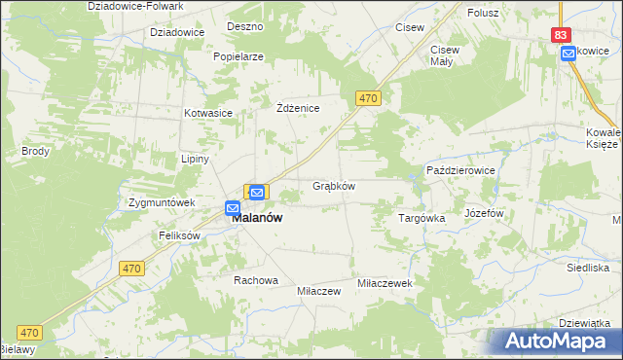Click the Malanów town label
(x=257, y=219)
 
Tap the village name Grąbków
(x=333, y=186)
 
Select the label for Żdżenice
(x=298, y=108)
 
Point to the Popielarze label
(x=239, y=56)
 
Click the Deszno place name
(x=244, y=26)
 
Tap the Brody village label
(x=35, y=152)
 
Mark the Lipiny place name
(x=195, y=159)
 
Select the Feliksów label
(x=179, y=236)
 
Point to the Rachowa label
(x=255, y=280)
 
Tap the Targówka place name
(x=421, y=219)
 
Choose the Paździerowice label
(x=461, y=170)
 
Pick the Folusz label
(x=483, y=13)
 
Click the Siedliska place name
(x=588, y=267)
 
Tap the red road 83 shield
(x=560, y=34)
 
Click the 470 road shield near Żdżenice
(x=367, y=98)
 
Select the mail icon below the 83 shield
(x=568, y=54)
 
